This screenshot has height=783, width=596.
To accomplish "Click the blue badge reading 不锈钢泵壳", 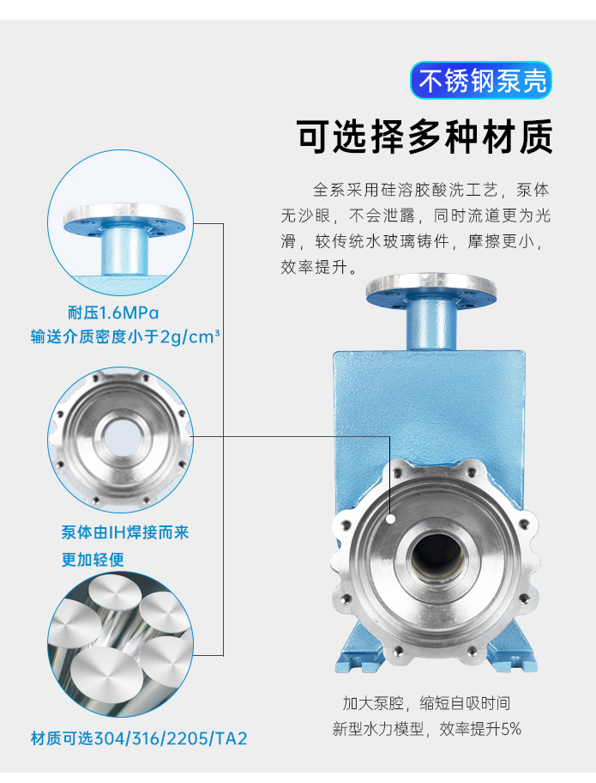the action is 481,80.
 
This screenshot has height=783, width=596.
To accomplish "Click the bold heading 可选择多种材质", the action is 425,137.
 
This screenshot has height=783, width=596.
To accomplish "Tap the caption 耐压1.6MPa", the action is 113,313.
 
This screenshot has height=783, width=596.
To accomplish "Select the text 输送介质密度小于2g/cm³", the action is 125,337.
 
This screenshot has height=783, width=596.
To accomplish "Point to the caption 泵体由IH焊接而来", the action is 125,532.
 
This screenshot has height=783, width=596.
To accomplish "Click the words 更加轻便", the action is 93,559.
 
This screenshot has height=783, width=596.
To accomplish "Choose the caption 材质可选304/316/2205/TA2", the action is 139,738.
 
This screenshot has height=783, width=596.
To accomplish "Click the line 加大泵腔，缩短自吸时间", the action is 426,703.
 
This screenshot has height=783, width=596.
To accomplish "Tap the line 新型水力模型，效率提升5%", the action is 427,729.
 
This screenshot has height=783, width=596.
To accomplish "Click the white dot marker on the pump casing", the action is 391,519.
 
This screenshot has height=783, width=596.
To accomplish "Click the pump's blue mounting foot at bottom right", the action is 514,654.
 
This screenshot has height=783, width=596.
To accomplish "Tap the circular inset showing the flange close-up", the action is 121,222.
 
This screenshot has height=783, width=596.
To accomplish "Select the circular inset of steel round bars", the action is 121,645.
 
